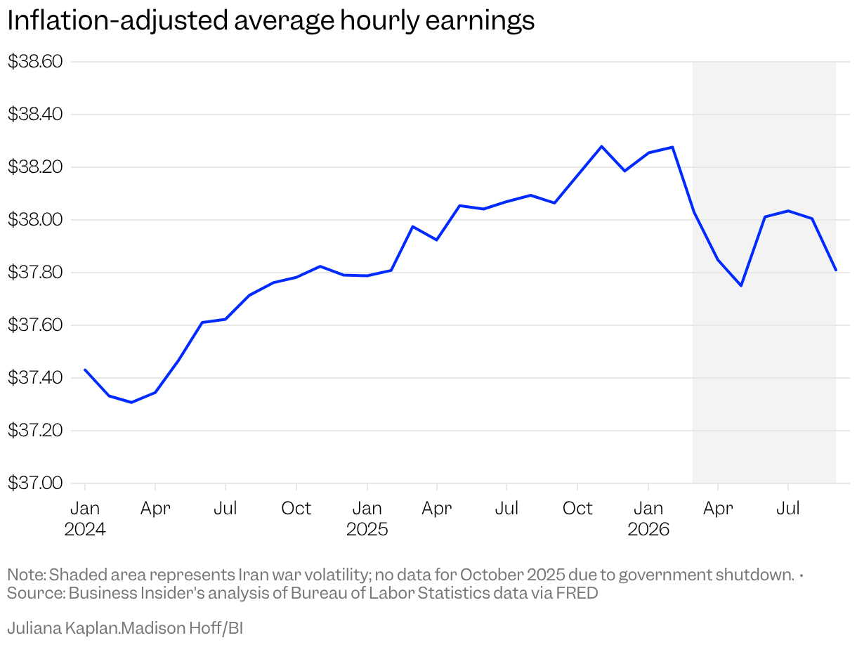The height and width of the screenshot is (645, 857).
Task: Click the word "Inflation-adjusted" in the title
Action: click(x=117, y=20)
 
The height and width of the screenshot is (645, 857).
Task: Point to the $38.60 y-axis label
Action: click(x=35, y=61)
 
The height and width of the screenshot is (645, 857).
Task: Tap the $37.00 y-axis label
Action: click(x=35, y=483)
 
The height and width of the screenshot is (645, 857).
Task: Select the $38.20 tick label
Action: click(x=35, y=167)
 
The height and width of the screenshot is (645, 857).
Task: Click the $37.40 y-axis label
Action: click(x=35, y=377)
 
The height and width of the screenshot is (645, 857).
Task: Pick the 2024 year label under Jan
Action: click(x=85, y=530)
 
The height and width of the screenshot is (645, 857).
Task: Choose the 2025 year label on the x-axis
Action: click(x=367, y=530)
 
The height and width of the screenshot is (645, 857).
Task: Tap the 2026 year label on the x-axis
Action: click(x=648, y=530)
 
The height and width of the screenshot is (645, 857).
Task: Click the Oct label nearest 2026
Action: click(x=577, y=509)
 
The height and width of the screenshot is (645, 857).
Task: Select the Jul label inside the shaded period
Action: click(x=788, y=509)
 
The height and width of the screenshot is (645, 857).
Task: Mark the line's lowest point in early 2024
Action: click(x=131, y=402)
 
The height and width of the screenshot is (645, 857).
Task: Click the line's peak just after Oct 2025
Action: click(x=602, y=146)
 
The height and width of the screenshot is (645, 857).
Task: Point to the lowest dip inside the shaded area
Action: click(x=741, y=286)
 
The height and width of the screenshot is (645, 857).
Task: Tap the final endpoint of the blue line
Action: click(x=835, y=270)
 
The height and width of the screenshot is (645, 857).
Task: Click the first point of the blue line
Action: click(x=85, y=370)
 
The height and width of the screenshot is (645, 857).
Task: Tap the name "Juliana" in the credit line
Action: click(x=34, y=628)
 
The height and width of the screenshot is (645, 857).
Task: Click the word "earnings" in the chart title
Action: click(x=480, y=20)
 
